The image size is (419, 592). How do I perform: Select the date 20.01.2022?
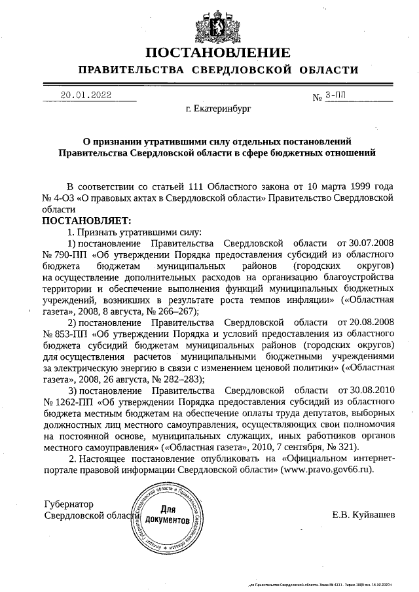tap(86, 95)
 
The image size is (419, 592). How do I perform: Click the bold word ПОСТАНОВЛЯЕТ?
tap(87, 221)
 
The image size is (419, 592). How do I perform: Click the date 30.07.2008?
tap(371, 244)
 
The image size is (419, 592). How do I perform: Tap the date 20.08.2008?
tap(371, 322)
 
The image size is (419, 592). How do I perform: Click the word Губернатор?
tap(69, 504)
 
